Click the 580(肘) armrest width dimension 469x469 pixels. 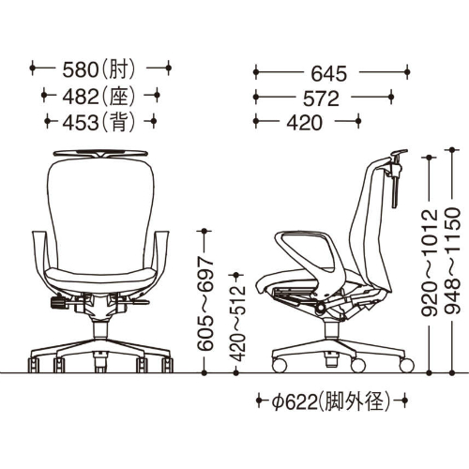[99, 69]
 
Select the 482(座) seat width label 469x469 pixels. [99, 97]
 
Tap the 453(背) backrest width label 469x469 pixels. [99, 122]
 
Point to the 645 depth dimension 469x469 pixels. [329, 74]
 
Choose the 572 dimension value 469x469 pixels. [321, 98]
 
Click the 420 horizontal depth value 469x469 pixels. [304, 123]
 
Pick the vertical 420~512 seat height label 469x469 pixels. [237, 324]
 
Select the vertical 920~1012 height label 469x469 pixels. [431, 263]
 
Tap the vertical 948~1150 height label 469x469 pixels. [453, 260]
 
